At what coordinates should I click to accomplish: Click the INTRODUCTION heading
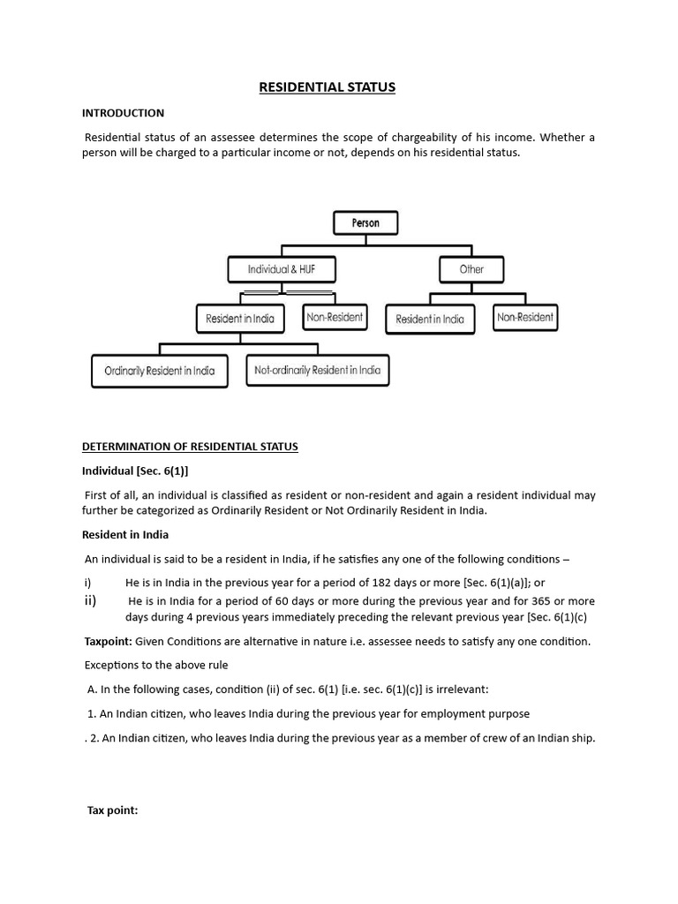(123, 113)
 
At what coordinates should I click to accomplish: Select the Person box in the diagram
(365, 222)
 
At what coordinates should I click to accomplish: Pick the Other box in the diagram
(471, 269)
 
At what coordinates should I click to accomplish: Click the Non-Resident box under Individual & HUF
(334, 316)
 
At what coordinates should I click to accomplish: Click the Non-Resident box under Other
(525, 317)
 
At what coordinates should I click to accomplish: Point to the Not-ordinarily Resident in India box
(317, 371)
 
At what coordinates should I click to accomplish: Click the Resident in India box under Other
(430, 319)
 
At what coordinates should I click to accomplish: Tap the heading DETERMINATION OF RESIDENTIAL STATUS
(190, 447)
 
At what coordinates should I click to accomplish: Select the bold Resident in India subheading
(125, 535)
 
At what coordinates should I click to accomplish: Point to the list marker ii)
(90, 601)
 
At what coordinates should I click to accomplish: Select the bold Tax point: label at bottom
(112, 810)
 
